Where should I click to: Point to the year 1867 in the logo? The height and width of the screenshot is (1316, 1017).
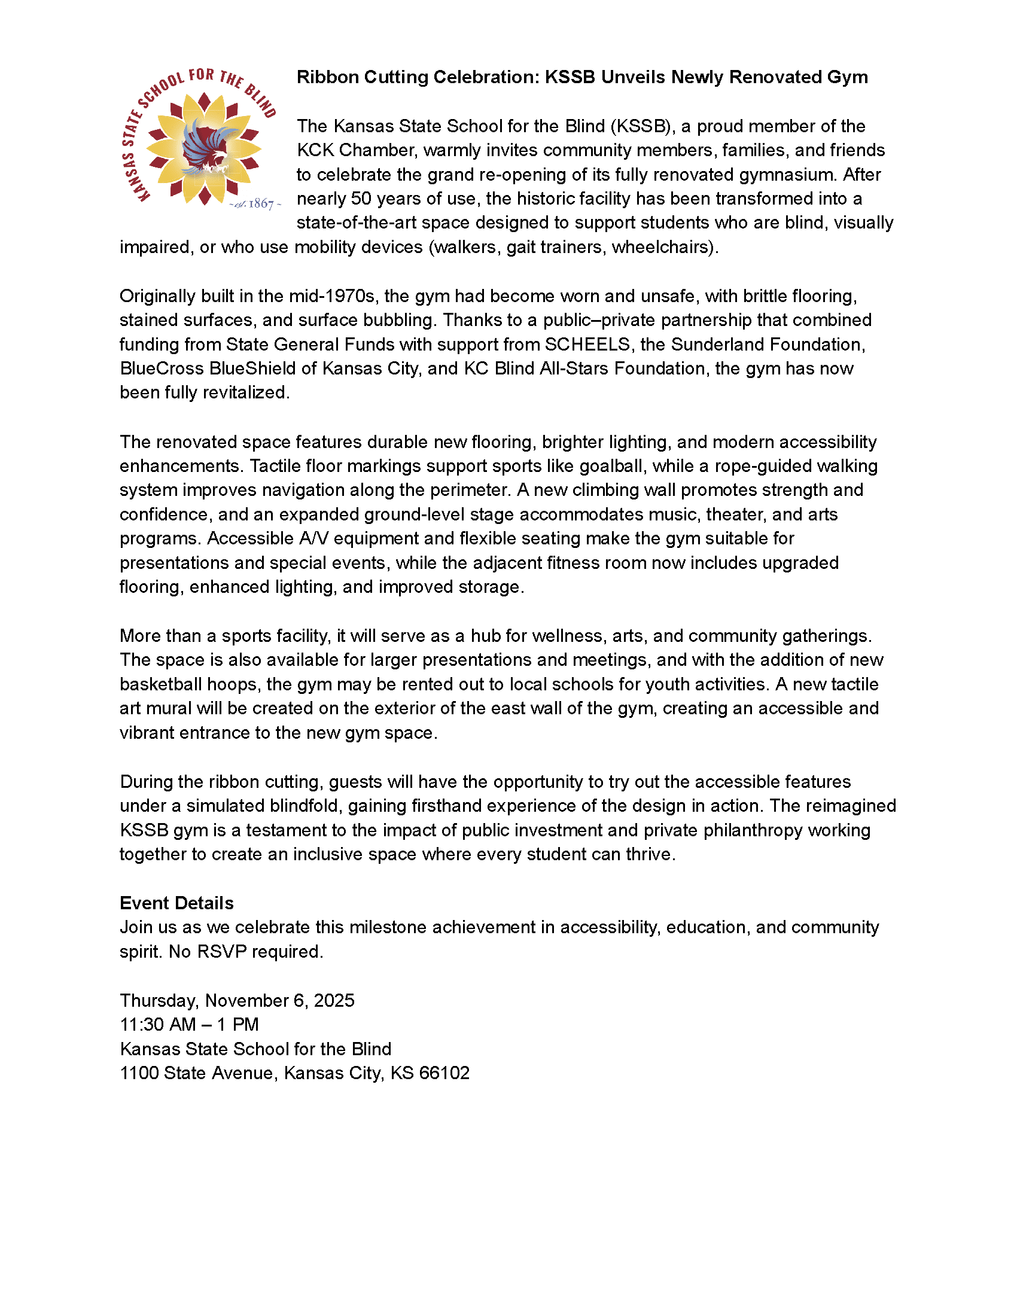coord(261,204)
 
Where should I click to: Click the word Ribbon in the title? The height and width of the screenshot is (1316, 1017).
coord(327,77)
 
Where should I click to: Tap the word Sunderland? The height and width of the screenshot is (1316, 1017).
coord(711,344)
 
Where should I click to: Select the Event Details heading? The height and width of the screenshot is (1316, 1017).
coord(176,903)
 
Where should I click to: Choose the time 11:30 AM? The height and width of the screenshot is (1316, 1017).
coord(158,1024)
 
